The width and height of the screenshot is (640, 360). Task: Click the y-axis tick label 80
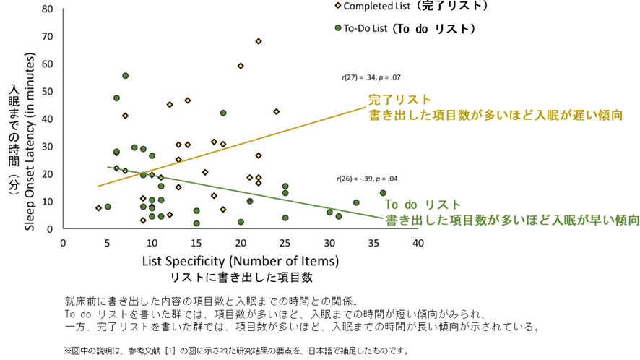click(48, 9)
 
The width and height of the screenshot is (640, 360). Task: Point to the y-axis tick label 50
click(48, 91)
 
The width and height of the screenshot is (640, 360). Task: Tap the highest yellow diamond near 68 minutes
click(259, 41)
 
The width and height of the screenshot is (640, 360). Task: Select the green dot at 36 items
click(383, 193)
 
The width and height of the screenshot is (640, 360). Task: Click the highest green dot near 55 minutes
click(125, 76)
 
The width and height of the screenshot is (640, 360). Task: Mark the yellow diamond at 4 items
click(98, 208)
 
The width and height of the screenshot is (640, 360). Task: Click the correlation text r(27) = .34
click(371, 77)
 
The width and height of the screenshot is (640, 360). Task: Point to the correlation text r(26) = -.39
click(367, 177)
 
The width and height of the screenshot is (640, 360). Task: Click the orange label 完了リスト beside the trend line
click(399, 100)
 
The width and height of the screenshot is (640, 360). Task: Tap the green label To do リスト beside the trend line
click(423, 205)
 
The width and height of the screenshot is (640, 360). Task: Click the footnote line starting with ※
click(235, 351)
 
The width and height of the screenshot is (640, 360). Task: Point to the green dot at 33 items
click(356, 203)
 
